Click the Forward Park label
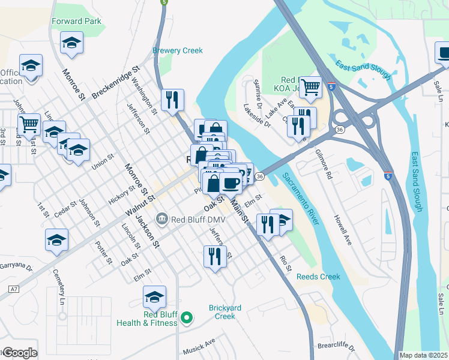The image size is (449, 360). tap(76, 21)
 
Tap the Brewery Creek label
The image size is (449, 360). tap(178, 51)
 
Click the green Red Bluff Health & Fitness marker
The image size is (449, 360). tap(187, 317)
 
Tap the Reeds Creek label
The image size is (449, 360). tap(318, 277)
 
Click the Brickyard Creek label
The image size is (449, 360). tap(225, 312)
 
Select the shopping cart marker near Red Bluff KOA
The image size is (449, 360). tap(310, 88)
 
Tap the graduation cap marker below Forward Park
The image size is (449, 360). tap(71, 43)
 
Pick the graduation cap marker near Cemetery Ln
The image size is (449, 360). tap(57, 241)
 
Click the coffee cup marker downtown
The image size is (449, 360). tap(231, 182)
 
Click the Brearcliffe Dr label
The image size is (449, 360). tap(337, 347)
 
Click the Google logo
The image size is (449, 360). tap(19, 353)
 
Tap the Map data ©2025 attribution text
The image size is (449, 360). tap(424, 355)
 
